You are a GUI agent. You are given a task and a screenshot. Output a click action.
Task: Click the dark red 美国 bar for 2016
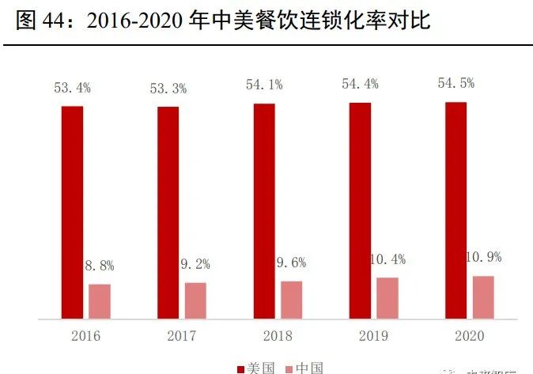tap(72, 212)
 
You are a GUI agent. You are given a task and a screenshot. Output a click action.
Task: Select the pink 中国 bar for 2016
tap(100, 301)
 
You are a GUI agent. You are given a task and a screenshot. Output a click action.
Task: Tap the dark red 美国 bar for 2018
tap(264, 211)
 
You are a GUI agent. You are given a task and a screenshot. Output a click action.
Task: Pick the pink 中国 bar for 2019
tap(387, 298)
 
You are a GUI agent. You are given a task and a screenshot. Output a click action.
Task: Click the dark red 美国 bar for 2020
tap(456, 210)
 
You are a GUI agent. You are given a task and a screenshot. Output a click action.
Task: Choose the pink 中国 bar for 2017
tap(195, 300)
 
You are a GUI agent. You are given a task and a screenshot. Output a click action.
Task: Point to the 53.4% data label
tap(72, 88)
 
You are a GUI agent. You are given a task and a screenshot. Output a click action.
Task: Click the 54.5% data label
tap(456, 83)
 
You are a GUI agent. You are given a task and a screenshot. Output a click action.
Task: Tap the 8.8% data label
tap(100, 266)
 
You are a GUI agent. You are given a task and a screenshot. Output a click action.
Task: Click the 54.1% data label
tap(264, 85)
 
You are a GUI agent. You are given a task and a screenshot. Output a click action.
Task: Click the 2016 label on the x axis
tap(85, 336)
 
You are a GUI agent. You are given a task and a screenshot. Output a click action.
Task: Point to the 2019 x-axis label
tap(374, 336)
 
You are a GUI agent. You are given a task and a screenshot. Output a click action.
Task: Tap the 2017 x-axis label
tap(182, 336)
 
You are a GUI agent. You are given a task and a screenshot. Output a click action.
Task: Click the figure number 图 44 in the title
tap(43, 21)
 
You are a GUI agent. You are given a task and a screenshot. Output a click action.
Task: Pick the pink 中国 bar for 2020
tap(483, 297)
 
